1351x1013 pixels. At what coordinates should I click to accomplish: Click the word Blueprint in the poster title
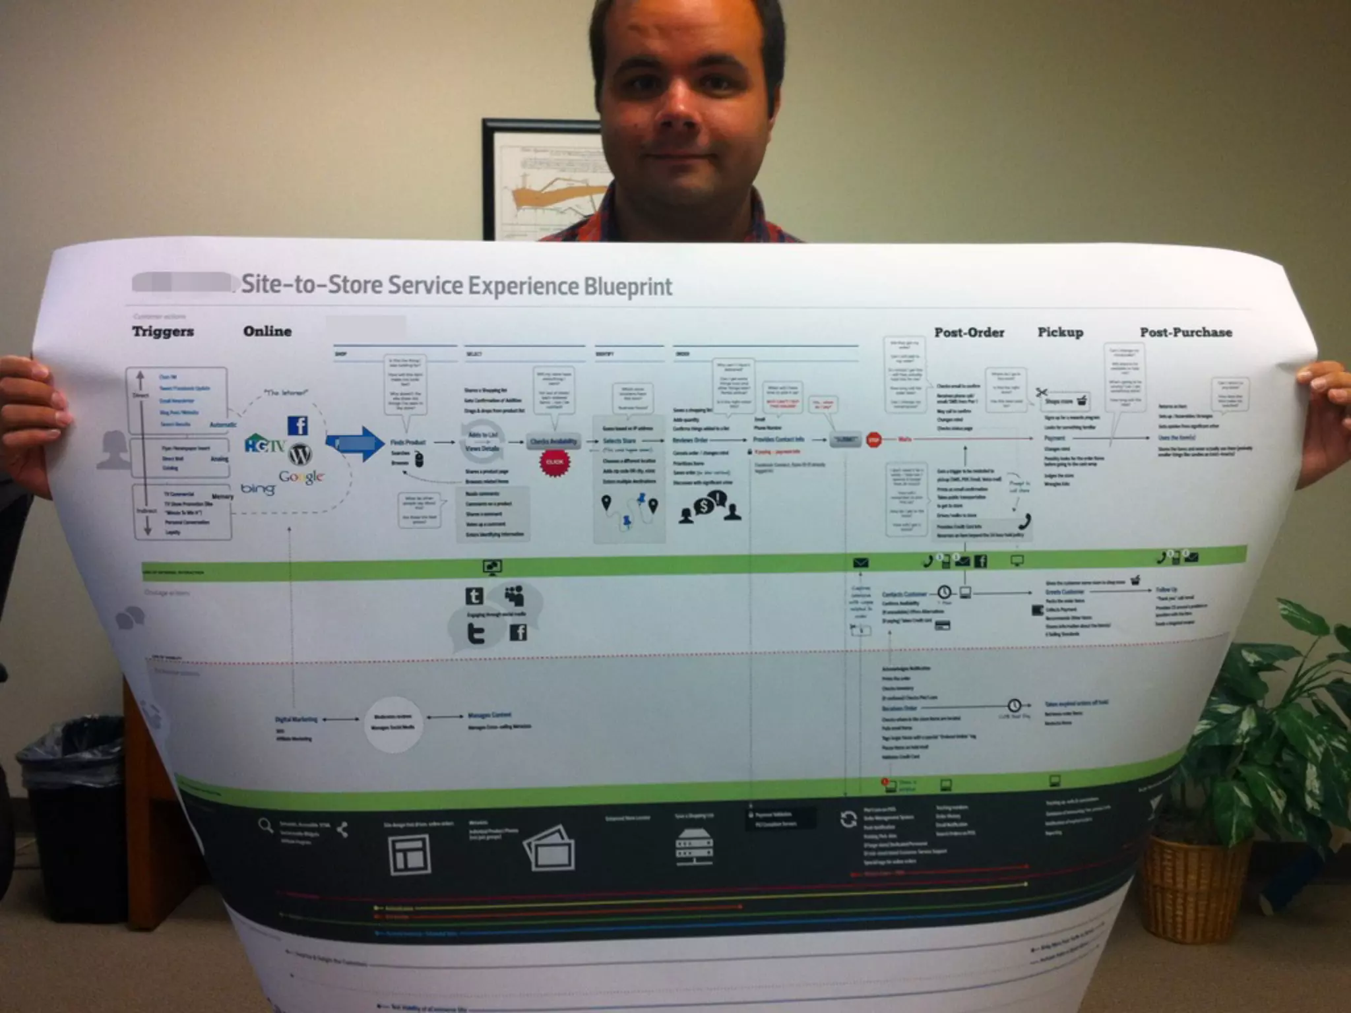628,287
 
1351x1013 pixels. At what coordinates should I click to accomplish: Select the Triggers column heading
163,331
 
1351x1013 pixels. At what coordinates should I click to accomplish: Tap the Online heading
267,331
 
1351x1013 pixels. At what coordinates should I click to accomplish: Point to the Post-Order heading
969,332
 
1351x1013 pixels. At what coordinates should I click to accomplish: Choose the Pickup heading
1060,332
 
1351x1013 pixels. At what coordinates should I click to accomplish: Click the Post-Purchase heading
1185,332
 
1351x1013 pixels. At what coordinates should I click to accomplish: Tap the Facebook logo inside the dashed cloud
298,425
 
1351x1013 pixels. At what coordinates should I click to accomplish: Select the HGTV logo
264,443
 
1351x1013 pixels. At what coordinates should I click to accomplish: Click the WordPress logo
300,454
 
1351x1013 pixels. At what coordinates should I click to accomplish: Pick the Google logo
301,476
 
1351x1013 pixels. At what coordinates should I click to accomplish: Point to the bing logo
257,489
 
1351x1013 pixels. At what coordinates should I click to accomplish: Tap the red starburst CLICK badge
554,462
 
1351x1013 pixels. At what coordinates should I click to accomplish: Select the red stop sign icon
873,439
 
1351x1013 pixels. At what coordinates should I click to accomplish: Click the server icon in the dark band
694,847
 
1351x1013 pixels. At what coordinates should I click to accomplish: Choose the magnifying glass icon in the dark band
265,825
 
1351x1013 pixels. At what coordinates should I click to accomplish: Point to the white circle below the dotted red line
393,724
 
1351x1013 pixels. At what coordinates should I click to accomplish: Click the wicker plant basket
1199,883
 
